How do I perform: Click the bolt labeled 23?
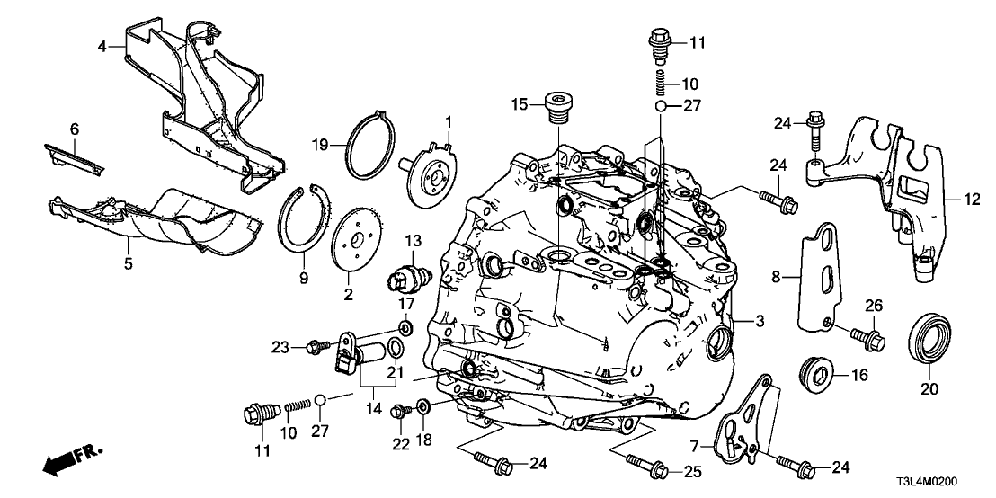[x=316, y=345]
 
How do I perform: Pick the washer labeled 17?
[x=405, y=326]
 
